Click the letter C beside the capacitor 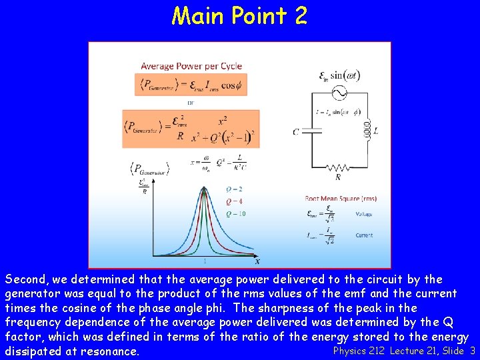pos(295,132)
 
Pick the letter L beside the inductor pos(376,131)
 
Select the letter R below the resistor pos(337,179)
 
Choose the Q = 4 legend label pos(234,201)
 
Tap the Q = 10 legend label pos(235,214)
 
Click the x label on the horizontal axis pos(257,261)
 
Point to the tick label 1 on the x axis pos(204,261)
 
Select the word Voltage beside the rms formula pos(364,214)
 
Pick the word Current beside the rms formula pos(364,235)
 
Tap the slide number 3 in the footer pos(472,351)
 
